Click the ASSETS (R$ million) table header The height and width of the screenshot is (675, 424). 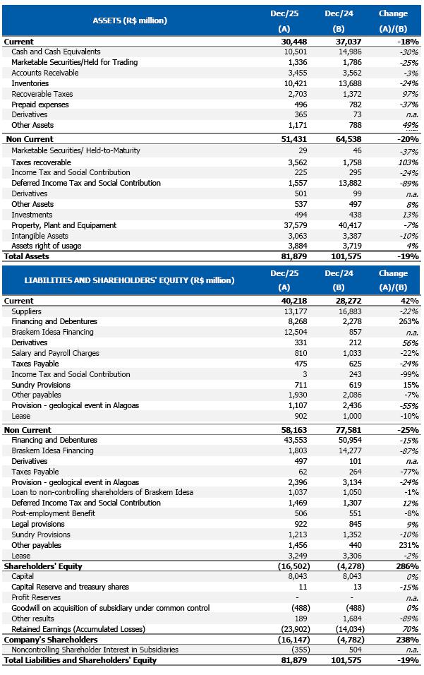click(x=130, y=20)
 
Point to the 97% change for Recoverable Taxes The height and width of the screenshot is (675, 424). click(x=410, y=94)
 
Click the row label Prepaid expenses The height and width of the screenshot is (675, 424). click(x=40, y=104)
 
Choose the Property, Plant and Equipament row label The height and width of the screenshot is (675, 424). click(x=64, y=225)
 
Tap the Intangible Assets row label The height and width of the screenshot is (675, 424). click(x=40, y=236)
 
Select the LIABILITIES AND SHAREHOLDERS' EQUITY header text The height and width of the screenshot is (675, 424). click(x=129, y=280)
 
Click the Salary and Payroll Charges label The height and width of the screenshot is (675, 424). click(x=56, y=353)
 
